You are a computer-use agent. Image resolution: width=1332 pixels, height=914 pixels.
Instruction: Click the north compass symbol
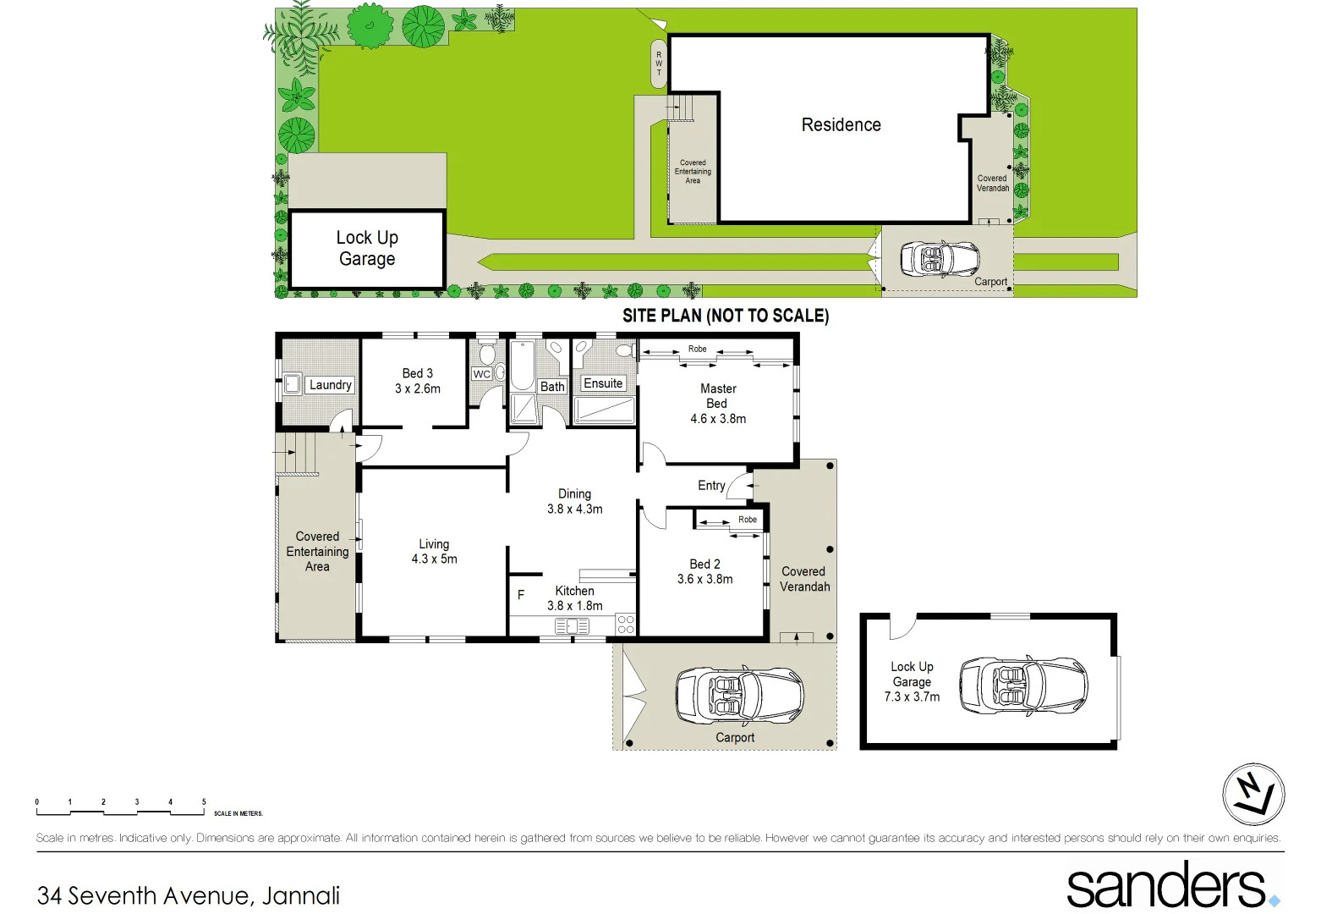pos(1253,794)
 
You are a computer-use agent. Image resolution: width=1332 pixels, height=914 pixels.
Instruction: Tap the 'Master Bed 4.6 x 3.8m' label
pos(718,404)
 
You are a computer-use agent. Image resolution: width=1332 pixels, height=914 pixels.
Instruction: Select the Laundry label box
pos(330,385)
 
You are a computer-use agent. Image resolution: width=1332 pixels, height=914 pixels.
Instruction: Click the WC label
pos(481,374)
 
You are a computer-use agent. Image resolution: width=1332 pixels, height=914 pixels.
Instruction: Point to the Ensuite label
pos(603,383)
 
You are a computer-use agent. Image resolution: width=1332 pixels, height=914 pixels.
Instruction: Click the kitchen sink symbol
pos(572,626)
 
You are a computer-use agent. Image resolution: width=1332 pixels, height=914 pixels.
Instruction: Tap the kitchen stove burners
pos(626,625)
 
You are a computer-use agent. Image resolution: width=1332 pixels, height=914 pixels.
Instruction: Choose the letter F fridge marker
pos(521,595)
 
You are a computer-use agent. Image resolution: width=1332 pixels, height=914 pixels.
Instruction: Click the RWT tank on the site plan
pos(659,63)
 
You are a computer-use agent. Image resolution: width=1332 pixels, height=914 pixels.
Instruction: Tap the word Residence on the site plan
pos(841,125)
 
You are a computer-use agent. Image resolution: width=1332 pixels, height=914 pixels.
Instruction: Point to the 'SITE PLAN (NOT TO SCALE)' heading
pos(726,316)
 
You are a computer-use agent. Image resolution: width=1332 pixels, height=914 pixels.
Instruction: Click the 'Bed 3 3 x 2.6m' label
pos(418,381)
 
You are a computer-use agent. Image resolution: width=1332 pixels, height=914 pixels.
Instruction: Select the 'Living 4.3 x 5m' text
pos(434,552)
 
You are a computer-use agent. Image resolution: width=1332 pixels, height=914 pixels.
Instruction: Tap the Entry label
pos(711,486)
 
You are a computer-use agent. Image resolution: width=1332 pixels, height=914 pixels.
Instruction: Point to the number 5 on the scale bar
pos(204,802)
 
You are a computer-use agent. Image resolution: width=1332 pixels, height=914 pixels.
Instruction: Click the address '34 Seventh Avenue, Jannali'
pos(189,895)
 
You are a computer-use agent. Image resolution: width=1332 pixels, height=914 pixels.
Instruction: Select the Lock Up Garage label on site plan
pos(367,248)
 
